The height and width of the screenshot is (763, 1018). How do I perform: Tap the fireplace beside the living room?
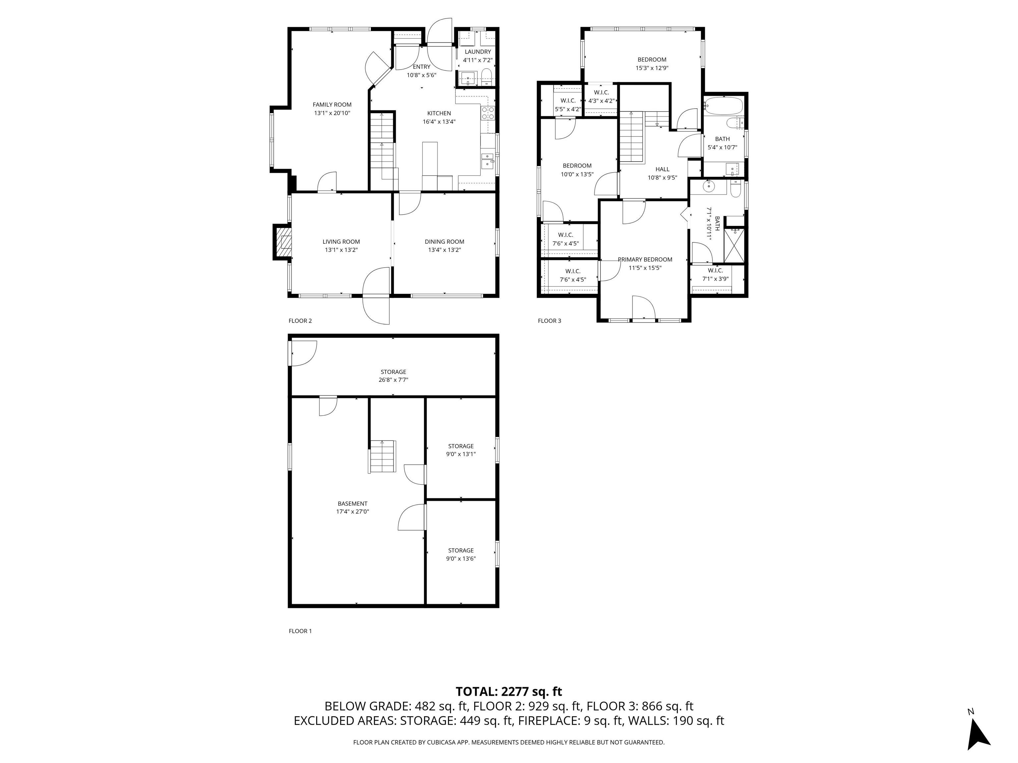click(x=283, y=242)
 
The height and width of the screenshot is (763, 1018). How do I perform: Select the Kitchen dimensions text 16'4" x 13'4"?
click(x=439, y=122)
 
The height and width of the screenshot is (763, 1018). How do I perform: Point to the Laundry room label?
click(x=478, y=52)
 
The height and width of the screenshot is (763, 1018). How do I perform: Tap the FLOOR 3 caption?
click(x=549, y=321)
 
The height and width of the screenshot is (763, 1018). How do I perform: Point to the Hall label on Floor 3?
click(x=662, y=169)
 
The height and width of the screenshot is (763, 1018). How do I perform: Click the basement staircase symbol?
click(x=382, y=456)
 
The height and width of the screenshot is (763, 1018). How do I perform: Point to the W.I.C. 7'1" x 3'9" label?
click(x=715, y=275)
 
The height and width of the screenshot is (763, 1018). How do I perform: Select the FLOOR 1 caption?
click(x=300, y=631)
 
